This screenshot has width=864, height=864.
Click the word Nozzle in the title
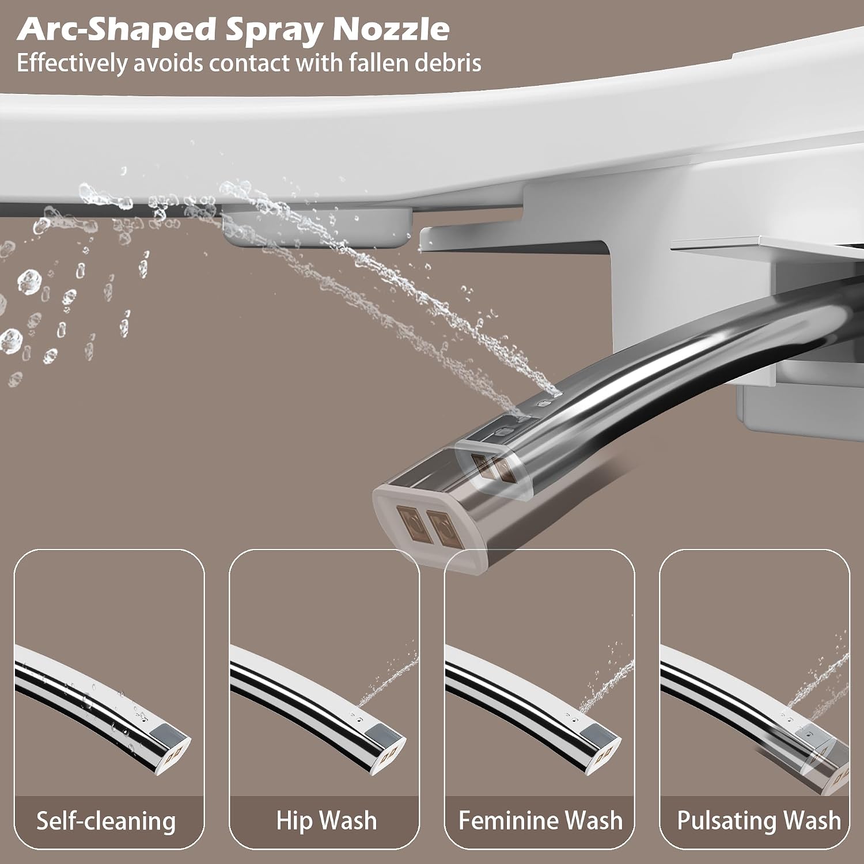tap(391, 29)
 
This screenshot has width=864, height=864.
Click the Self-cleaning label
tap(106, 821)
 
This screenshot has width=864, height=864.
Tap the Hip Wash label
tap(326, 821)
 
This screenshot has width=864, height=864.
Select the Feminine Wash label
tap(540, 821)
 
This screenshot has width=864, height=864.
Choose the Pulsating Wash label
tap(759, 821)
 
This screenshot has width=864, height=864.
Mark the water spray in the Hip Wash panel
tap(388, 680)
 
